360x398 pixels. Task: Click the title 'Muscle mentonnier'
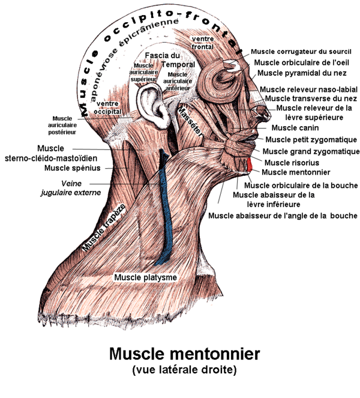[x=184, y=354]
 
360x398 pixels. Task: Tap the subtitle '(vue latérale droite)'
[x=184, y=370]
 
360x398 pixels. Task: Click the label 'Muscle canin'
[x=295, y=128]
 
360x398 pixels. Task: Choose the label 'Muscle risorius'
[x=291, y=162]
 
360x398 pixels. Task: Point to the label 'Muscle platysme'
[x=146, y=277]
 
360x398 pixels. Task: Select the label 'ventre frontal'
[x=202, y=42]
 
